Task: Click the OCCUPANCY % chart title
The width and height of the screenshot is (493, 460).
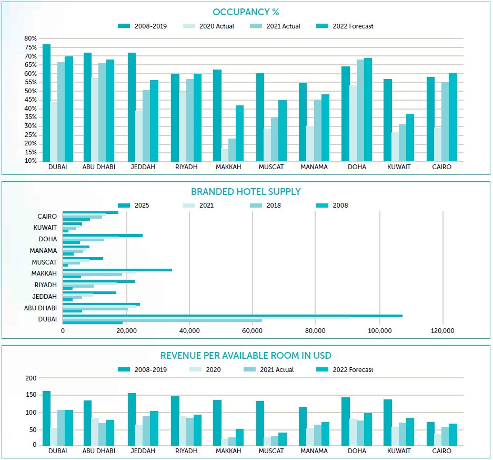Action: tap(246, 12)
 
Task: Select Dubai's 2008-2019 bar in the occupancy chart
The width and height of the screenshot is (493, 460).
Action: tap(46, 103)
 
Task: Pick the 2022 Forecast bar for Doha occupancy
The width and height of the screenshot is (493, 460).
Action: tap(368, 110)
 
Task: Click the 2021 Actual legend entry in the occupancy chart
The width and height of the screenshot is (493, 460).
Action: tap(279, 26)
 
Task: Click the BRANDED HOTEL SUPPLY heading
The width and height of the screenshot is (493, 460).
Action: tap(246, 192)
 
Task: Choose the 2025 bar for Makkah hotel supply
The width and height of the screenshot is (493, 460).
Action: tap(117, 270)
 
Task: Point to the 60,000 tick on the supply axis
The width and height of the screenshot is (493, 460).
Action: tap(252, 331)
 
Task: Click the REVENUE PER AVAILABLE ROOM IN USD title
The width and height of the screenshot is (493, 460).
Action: tap(246, 356)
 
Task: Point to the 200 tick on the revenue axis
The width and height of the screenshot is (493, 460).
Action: tap(31, 378)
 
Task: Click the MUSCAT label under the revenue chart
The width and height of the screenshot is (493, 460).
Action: tap(271, 451)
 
